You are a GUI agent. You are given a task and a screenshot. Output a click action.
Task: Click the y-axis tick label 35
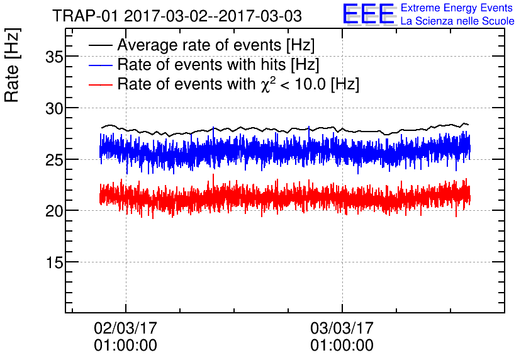[x=54, y=57]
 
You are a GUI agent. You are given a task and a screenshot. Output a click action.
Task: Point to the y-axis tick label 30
[x=54, y=109]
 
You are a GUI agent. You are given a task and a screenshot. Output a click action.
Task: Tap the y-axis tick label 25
[x=54, y=160]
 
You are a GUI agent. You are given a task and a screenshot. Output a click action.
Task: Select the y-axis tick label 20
[x=54, y=211]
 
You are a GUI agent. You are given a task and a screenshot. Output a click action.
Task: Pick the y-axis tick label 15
[x=54, y=262]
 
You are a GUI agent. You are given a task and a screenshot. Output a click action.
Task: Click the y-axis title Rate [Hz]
[x=12, y=65]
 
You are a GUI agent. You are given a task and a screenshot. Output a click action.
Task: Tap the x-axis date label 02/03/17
[x=125, y=328]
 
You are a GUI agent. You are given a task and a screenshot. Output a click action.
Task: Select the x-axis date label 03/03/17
[x=342, y=328]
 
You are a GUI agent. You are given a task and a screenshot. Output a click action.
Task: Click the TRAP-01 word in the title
[x=85, y=16]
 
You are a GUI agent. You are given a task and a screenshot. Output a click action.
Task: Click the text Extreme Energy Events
[x=457, y=8]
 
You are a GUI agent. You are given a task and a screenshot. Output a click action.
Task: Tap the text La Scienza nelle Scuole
[x=457, y=21]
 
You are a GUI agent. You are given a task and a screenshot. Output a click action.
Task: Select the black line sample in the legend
[x=100, y=45]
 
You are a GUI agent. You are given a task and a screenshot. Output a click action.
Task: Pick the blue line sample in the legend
[x=100, y=65]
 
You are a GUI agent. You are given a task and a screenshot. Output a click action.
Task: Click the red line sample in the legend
[x=100, y=84]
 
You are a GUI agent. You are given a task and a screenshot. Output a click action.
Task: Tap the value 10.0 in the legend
[x=310, y=84]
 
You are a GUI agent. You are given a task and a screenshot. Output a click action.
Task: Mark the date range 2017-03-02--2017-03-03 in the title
[x=213, y=16]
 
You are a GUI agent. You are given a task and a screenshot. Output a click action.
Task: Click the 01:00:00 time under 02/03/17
[x=125, y=346]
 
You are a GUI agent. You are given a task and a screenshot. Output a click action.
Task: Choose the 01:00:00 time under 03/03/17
[x=342, y=346]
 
